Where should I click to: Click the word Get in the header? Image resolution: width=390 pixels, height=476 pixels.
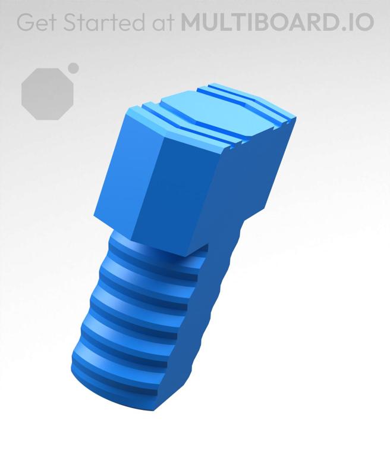[36, 22]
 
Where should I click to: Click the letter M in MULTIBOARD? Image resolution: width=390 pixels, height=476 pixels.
[191, 22]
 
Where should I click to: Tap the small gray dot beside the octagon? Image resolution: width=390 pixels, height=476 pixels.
[73, 68]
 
